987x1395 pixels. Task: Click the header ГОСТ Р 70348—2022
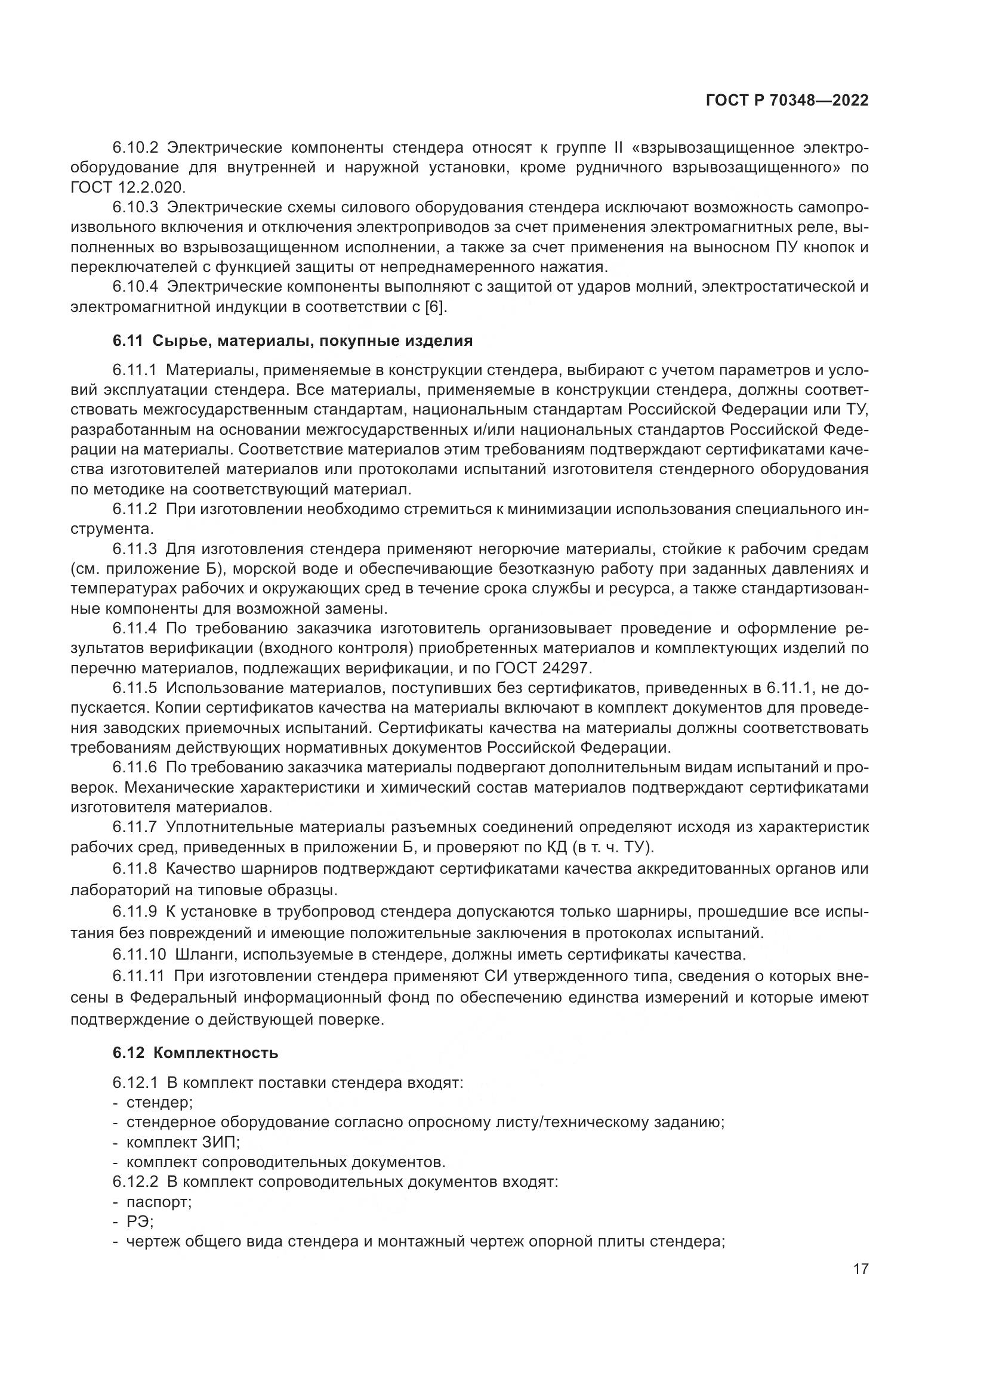click(x=786, y=101)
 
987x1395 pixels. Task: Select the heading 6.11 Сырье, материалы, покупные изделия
click(x=292, y=341)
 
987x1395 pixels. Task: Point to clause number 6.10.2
click(x=135, y=148)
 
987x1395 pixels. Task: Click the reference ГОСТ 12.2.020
click(x=127, y=187)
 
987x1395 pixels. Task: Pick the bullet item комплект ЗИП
click(x=183, y=1142)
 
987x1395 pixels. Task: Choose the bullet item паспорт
click(x=159, y=1201)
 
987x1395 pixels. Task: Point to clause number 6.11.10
click(x=139, y=954)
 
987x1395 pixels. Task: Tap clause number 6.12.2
click(x=135, y=1181)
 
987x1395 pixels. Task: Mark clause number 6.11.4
click(x=135, y=628)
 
